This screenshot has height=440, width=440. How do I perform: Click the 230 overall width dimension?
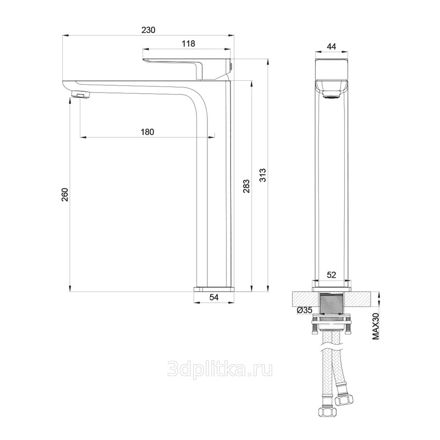coord(148,30)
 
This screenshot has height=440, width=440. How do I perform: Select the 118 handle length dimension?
coord(188,44)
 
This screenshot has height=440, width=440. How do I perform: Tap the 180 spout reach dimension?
coord(147,132)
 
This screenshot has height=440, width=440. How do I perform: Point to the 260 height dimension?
coord(65,195)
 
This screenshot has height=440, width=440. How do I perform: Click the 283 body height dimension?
coord(246,186)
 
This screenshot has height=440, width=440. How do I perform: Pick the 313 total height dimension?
coord(263,175)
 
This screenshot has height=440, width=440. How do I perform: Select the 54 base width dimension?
coord(214,297)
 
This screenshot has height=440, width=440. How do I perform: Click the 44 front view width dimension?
coord(332,47)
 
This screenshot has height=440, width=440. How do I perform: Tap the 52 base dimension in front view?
coord(332,274)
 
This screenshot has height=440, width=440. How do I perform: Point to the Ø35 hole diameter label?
coord(305,310)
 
